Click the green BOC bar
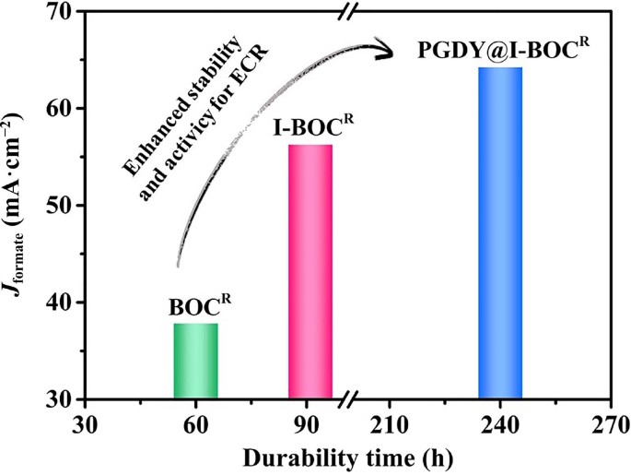196,361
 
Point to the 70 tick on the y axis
57,12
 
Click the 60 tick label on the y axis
57,109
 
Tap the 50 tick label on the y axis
57,206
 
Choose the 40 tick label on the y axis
57,303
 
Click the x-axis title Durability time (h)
345,457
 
